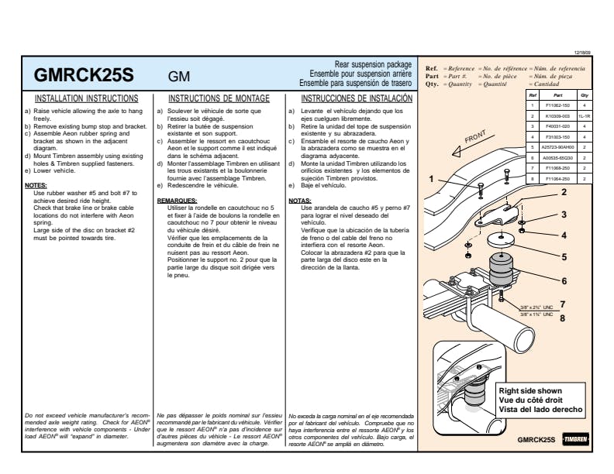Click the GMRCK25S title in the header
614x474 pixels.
85,77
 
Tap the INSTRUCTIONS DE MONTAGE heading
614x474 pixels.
219,99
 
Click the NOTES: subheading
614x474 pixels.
36,186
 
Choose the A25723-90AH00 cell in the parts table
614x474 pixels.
554,146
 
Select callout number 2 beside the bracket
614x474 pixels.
564,192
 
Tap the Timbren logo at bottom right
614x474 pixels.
576,440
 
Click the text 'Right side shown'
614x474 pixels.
530,390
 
